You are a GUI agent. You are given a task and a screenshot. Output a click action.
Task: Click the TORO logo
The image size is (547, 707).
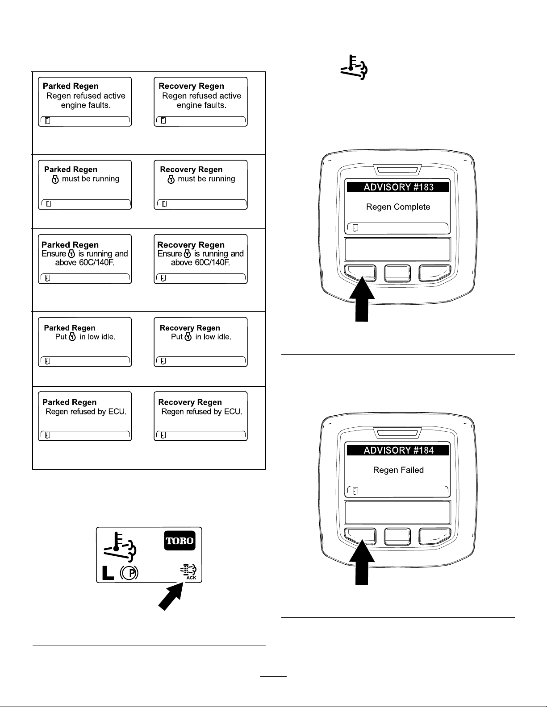pos(180,541)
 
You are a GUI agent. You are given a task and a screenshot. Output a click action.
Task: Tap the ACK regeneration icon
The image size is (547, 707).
pos(188,572)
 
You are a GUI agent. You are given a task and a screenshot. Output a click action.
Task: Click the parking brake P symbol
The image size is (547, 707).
pos(129,573)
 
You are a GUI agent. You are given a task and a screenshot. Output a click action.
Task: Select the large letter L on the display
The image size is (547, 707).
pos(108,573)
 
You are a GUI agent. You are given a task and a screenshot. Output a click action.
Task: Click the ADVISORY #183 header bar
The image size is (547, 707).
pos(397,187)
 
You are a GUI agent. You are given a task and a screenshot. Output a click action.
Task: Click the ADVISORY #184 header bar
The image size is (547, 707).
pos(397,450)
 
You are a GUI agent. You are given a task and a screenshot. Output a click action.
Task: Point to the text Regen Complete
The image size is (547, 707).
pos(398,207)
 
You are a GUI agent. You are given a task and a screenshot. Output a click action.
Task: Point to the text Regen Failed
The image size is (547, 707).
pos(398,470)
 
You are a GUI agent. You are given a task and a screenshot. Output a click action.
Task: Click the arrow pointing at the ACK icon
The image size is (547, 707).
pos(171,596)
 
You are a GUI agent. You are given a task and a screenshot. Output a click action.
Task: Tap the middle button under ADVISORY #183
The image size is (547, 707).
pos(397,273)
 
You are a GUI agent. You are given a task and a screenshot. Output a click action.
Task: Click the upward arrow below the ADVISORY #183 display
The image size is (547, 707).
pos(362,299)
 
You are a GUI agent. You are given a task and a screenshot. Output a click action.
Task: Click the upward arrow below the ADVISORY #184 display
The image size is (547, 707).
pos(362,562)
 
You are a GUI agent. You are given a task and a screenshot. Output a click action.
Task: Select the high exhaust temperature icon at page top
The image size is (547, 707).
pos(354,67)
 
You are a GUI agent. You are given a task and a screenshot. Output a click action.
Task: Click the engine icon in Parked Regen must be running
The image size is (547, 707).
pos(55,179)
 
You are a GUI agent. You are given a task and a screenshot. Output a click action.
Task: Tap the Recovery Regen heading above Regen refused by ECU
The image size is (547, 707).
pos(190,402)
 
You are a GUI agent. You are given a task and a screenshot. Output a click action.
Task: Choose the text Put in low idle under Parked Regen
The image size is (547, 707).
pos(85,337)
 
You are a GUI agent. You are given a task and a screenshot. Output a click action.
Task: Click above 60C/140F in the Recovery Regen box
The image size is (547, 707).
pos(200,263)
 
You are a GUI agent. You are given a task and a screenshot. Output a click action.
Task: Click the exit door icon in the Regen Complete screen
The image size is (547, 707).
pos(355,228)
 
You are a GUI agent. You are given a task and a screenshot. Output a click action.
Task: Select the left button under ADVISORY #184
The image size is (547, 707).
pos(360,536)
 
